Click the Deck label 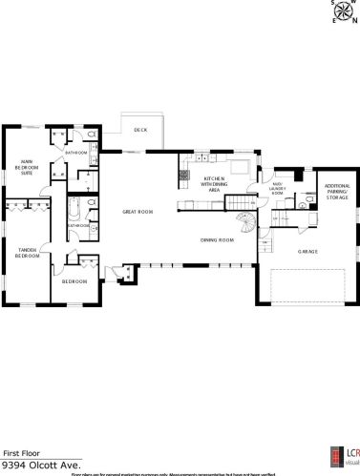pos(139,130)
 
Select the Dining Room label pos(217,239)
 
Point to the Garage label pos(307,252)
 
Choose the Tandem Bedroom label pos(28,253)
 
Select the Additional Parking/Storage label pos(337,192)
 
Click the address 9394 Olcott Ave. pos(39,465)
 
